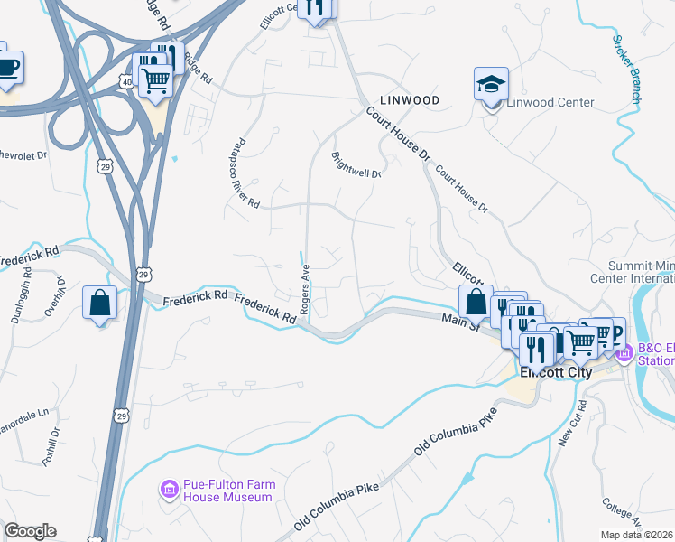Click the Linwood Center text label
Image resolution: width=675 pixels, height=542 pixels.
550,102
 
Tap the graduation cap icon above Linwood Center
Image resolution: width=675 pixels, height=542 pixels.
491,86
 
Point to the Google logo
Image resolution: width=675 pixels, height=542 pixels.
30,531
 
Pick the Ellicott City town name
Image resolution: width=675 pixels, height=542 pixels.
555,370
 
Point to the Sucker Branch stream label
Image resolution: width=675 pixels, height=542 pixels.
626,69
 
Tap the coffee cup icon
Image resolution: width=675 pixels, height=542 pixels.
7,66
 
